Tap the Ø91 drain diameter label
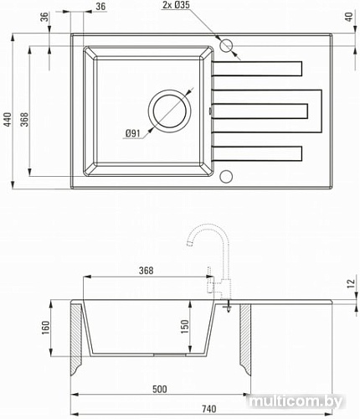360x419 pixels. [132, 134]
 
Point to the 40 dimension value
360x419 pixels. [345, 17]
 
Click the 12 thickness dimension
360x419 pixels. [345, 286]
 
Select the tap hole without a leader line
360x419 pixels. [224, 176]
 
